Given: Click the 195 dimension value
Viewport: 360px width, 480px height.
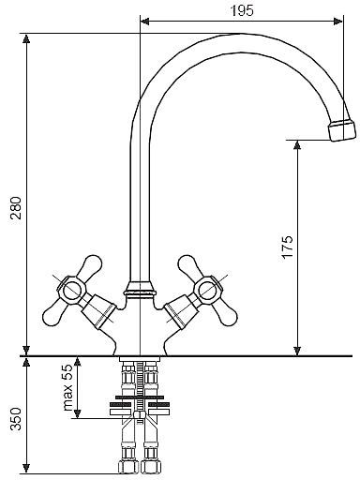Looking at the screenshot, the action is [242, 11].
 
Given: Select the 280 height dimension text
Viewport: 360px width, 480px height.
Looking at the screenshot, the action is [16, 208].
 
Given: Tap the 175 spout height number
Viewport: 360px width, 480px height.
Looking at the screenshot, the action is [288, 247].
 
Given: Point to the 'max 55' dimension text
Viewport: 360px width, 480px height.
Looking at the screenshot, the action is [67, 387].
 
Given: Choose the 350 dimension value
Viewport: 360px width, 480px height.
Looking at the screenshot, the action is [16, 419].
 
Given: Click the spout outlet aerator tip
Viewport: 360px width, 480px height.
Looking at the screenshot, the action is [342, 130].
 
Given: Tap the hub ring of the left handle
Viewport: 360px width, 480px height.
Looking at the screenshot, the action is [71, 290].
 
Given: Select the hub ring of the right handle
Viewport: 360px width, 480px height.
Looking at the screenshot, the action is [207, 290].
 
